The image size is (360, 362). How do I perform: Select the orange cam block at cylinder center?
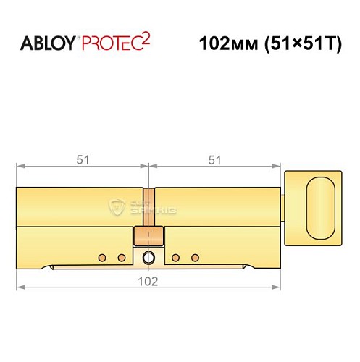coord(148,236)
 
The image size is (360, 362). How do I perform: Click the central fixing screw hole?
coord(148,257)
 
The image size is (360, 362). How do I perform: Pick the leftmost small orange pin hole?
coord(103,257)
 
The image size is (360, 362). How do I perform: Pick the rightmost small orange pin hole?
coord(194,257)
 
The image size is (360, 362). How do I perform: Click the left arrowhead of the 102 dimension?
coord(20,287)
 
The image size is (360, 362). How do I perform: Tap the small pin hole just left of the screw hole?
coord(121,257)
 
